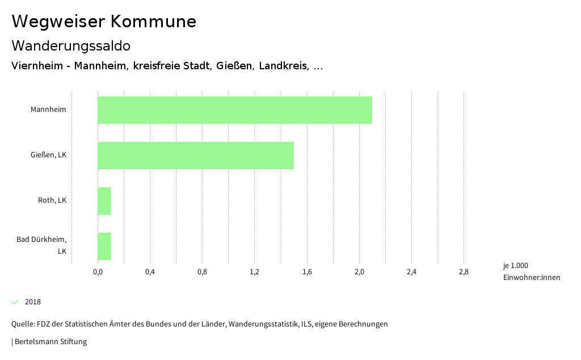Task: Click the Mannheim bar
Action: coord(235,110)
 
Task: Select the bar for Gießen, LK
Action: coord(196,156)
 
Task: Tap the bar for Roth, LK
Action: coord(104,201)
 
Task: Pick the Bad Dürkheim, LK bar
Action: coord(104,246)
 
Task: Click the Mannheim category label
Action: coord(48,109)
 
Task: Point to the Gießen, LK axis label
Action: coord(48,154)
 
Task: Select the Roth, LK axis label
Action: coord(52,200)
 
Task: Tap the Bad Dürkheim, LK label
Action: coord(41,245)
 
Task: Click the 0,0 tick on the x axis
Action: coord(98,272)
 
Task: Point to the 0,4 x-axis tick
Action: coord(150,272)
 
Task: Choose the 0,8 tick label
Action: coord(202,272)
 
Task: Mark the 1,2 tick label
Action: coord(255,272)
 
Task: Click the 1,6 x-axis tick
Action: coord(307,272)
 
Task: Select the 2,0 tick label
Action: coord(359,272)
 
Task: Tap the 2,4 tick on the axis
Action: coord(411,272)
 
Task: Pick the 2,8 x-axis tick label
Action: coord(464,272)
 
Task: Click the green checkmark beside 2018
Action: coord(15,302)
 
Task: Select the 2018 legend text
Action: coord(33,302)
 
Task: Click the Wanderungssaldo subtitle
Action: coord(71,45)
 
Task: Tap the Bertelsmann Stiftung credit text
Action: coord(50,342)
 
